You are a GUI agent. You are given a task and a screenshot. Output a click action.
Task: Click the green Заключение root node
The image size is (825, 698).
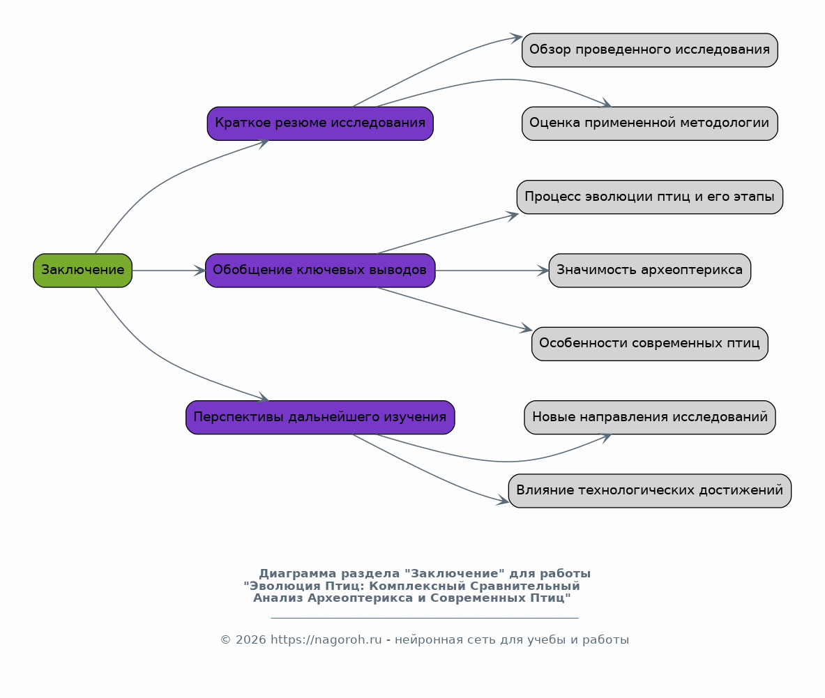(x=82, y=271)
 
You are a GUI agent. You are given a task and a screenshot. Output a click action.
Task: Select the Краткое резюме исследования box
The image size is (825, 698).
(x=320, y=123)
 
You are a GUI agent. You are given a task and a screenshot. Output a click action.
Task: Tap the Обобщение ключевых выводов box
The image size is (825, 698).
(x=320, y=271)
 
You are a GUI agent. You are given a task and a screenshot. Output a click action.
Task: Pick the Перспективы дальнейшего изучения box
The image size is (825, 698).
(x=320, y=417)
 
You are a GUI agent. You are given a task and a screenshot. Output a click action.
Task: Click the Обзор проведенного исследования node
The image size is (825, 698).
(x=650, y=50)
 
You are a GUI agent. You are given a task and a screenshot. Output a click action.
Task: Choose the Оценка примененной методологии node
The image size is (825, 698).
(x=650, y=123)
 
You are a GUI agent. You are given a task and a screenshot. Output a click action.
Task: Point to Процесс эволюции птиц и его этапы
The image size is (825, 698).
(x=650, y=197)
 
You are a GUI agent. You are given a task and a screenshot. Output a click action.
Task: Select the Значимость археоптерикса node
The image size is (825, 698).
(x=650, y=271)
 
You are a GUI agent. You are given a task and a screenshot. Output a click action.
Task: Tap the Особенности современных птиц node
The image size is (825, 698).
(x=650, y=344)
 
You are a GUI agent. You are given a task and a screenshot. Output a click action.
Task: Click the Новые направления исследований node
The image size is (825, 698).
(x=650, y=417)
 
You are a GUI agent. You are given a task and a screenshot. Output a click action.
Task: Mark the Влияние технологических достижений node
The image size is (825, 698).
(x=650, y=491)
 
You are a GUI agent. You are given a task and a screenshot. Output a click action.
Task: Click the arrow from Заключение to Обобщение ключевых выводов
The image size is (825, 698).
(x=169, y=271)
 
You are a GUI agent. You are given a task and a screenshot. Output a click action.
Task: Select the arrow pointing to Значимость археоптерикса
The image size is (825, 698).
(x=492, y=271)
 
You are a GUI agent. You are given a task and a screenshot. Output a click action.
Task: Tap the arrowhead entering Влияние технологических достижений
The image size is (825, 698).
(x=503, y=500)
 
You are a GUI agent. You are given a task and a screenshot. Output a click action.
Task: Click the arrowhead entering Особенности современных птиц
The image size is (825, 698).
(x=526, y=328)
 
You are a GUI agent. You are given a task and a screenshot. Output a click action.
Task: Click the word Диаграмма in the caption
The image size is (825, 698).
(x=297, y=573)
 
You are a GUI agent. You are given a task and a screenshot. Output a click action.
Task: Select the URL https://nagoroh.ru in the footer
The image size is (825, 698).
(x=326, y=639)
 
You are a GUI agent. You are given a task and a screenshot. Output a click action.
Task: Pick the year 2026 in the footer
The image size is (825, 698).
(x=250, y=639)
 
